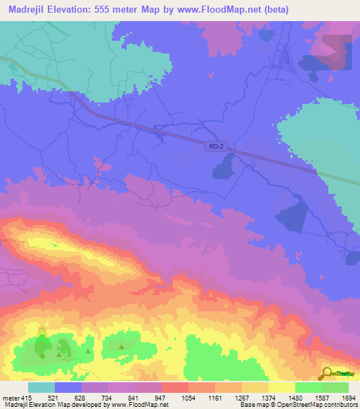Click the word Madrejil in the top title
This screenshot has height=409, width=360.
pyautogui.click(x=29, y=9)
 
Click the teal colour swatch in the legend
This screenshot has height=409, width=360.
pyautogui.click(x=41, y=388)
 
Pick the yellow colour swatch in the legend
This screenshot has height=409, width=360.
pyautogui.click(x=282, y=388)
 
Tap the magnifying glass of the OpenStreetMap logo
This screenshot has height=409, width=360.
pyautogui.click(x=326, y=372)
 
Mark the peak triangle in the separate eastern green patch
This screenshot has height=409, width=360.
pyautogui.click(x=122, y=346)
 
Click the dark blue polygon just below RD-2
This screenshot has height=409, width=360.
pyautogui.click(x=224, y=167)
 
